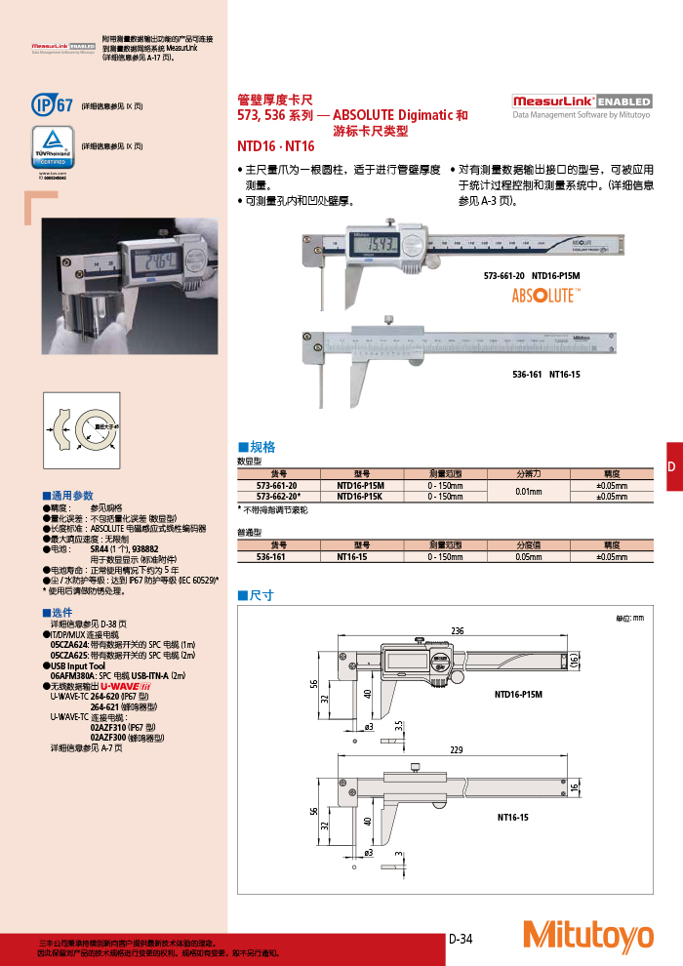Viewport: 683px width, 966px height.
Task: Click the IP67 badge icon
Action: (x=53, y=104)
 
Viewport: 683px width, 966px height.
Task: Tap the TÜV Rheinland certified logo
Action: (x=54, y=147)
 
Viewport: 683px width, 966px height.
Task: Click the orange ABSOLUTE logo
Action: (x=546, y=296)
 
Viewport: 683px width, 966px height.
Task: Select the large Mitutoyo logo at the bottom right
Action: (x=587, y=935)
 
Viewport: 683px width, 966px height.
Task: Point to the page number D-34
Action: (x=461, y=939)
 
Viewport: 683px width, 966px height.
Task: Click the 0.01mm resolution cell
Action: (x=528, y=491)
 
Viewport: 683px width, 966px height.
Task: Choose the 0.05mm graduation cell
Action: (x=528, y=556)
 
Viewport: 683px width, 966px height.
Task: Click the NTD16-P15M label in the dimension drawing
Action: (x=517, y=695)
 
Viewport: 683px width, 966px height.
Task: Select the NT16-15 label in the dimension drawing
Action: (x=511, y=816)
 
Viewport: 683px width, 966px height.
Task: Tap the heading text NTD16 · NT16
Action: (x=276, y=145)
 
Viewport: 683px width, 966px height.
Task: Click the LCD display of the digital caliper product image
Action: (x=372, y=242)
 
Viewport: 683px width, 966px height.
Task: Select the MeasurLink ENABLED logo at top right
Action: (x=582, y=101)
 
